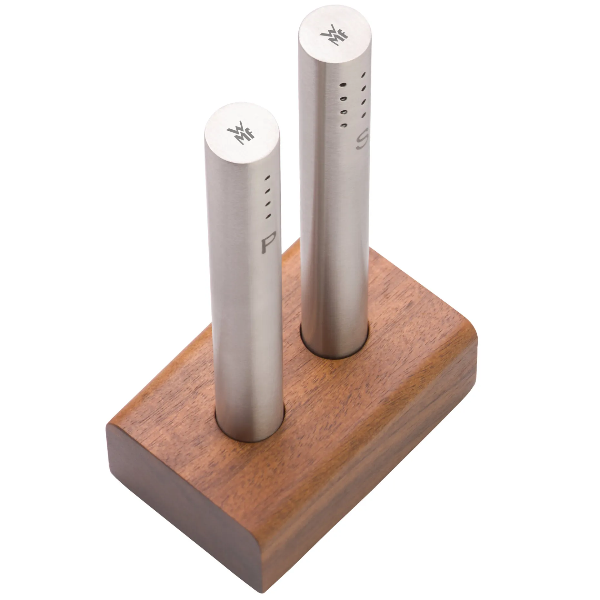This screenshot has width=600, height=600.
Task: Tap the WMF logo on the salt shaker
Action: pyautogui.click(x=334, y=37)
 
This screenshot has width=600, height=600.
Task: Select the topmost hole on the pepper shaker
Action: pyautogui.click(x=267, y=178)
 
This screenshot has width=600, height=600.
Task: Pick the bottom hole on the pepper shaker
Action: pyautogui.click(x=267, y=216)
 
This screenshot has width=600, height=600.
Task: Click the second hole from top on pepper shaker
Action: pyautogui.click(x=267, y=191)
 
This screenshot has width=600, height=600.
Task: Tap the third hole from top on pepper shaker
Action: pyautogui.click(x=267, y=204)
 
